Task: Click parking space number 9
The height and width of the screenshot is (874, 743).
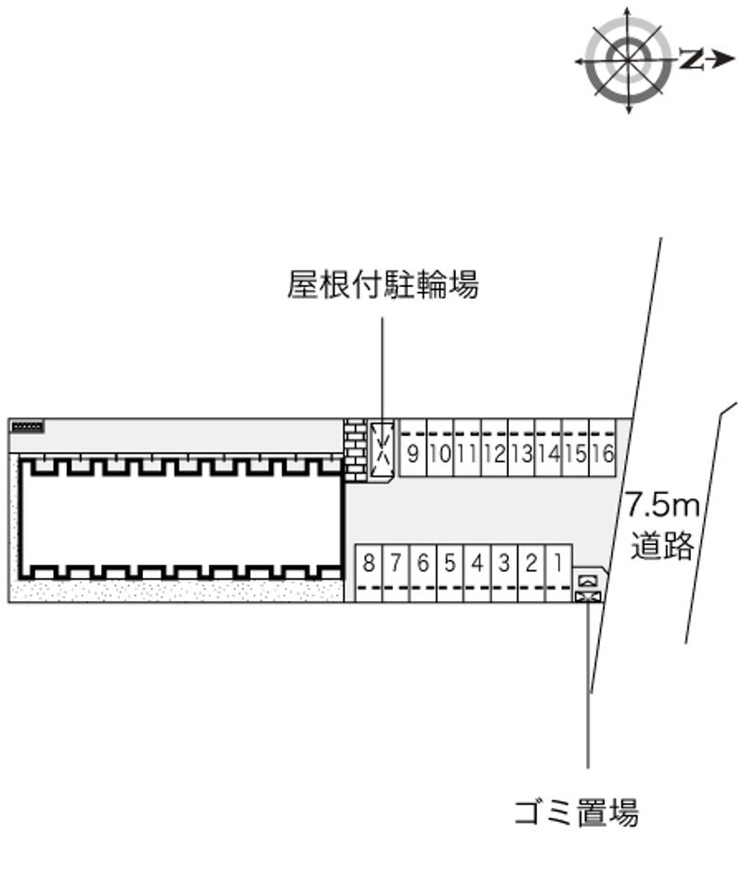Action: (x=411, y=455)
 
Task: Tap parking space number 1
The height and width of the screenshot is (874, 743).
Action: (x=558, y=563)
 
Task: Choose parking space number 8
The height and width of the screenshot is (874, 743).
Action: (x=369, y=563)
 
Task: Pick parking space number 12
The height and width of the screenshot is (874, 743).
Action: (x=494, y=455)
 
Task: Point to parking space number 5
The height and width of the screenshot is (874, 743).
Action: (x=450, y=563)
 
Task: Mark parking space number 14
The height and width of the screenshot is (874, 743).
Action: (x=548, y=455)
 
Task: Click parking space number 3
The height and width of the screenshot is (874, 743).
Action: (x=503, y=563)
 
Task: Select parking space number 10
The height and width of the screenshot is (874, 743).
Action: (x=440, y=455)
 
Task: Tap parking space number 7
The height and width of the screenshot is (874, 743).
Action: (x=396, y=563)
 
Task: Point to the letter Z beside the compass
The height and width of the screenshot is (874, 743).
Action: (x=689, y=60)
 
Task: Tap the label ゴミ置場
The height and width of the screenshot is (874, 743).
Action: (x=577, y=813)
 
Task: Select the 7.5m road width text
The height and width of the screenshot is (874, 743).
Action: (x=660, y=505)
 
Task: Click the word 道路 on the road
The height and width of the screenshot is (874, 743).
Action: (x=662, y=545)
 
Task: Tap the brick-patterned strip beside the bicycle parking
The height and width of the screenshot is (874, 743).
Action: (x=355, y=450)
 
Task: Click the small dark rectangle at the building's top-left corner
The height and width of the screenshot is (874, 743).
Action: (x=27, y=426)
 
